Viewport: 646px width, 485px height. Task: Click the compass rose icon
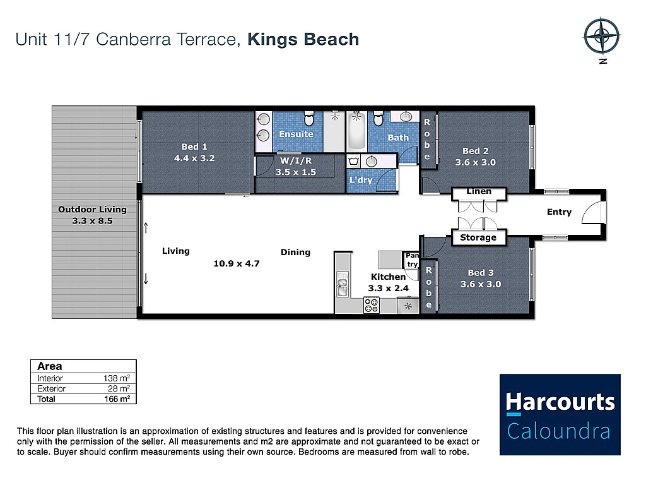(x=601, y=36)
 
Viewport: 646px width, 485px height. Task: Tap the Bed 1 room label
(x=194, y=147)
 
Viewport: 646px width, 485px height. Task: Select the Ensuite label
(x=296, y=134)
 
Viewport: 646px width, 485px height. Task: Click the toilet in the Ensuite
(x=308, y=118)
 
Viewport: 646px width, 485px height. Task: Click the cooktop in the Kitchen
(x=371, y=306)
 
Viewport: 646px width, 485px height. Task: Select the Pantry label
(x=412, y=260)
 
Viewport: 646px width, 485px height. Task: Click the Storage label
(x=478, y=237)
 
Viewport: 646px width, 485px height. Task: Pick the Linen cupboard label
(x=479, y=191)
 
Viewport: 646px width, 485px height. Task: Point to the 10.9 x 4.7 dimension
(x=237, y=263)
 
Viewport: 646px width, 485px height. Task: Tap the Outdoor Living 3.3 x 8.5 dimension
(x=92, y=221)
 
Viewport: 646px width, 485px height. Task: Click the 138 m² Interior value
(x=117, y=378)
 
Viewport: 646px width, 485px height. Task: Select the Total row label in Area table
(x=46, y=399)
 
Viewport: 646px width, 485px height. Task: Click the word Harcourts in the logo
(x=560, y=402)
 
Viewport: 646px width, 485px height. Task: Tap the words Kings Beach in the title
(x=303, y=40)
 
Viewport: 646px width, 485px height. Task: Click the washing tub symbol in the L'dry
(x=353, y=161)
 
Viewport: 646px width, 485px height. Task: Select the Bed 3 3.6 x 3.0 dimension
(x=481, y=284)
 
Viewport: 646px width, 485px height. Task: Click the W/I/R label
(x=296, y=161)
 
